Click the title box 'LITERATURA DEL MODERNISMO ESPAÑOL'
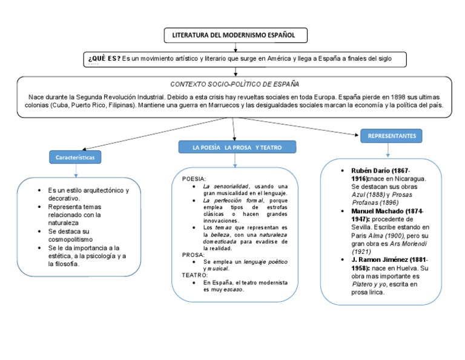[x=235, y=36]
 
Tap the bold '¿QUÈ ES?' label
[x=104, y=59]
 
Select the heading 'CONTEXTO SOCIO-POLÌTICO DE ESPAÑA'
[x=235, y=84]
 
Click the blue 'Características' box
[x=76, y=158]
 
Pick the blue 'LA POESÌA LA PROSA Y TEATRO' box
[x=237, y=147]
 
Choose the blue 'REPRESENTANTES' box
[x=392, y=136]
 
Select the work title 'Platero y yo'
[x=371, y=284]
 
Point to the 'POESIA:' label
[x=194, y=179]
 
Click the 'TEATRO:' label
[x=195, y=275]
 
